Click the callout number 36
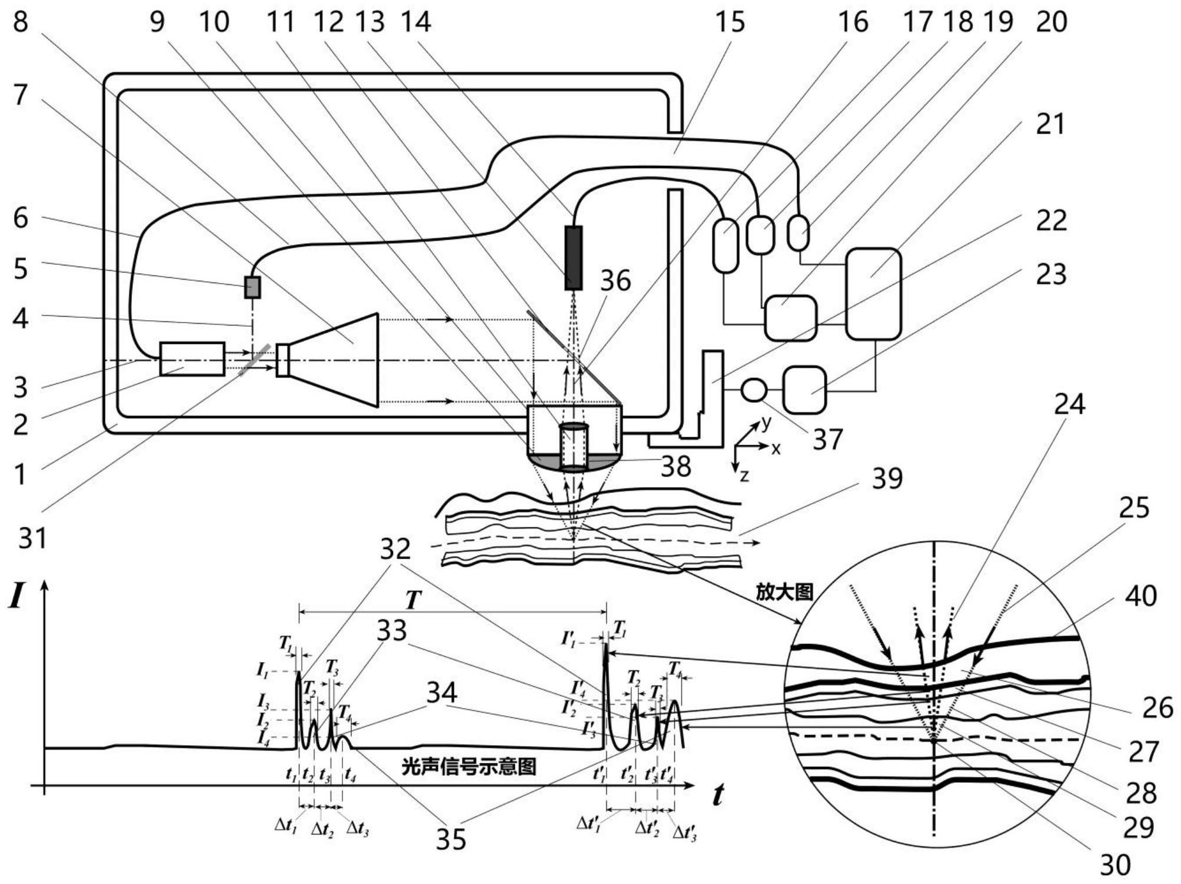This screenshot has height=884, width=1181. (x=615, y=280)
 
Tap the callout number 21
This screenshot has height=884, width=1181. (x=1050, y=124)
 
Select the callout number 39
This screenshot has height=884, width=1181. (x=887, y=478)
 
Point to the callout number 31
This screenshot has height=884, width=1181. (x=33, y=537)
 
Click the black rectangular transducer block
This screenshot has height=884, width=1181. (x=573, y=258)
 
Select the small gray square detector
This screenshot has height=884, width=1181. (x=252, y=287)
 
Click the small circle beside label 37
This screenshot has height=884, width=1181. (x=754, y=390)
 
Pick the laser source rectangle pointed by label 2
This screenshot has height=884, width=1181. (x=192, y=358)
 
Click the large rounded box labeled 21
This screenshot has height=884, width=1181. (x=873, y=294)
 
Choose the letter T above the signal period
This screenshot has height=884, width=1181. (x=414, y=600)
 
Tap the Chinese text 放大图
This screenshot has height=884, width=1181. (x=784, y=593)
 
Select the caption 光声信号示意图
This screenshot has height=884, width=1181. (x=468, y=766)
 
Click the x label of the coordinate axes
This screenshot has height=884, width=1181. (x=776, y=449)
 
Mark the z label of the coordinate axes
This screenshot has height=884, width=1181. (x=744, y=476)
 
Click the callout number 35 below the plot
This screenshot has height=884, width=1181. (x=451, y=839)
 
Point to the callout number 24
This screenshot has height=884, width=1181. (x=1069, y=404)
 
